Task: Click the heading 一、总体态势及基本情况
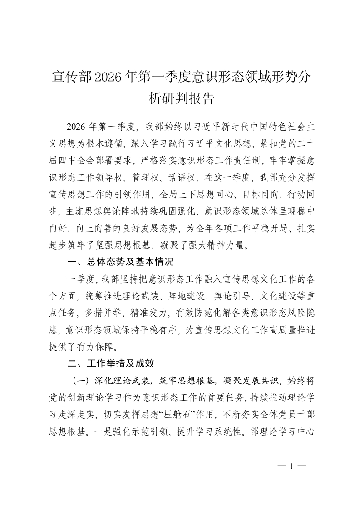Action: [120, 262]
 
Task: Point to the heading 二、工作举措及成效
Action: [111, 363]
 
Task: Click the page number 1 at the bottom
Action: [292, 465]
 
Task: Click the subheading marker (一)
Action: [80, 380]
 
